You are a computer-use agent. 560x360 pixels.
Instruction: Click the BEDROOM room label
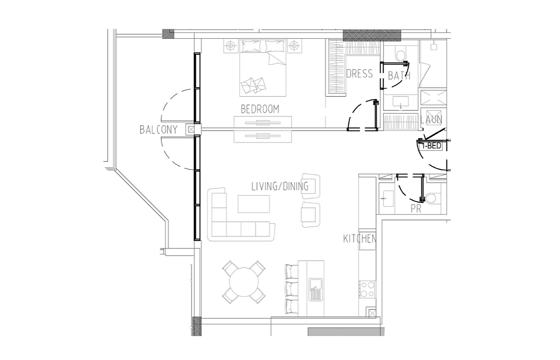pyautogui.click(x=260, y=109)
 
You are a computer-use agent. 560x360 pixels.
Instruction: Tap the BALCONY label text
pyautogui.click(x=158, y=129)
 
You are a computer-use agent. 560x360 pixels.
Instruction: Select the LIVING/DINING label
pyautogui.click(x=280, y=186)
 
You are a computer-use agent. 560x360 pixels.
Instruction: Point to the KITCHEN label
pyautogui.click(x=360, y=239)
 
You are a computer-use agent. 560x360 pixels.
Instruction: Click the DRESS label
pyautogui.click(x=360, y=74)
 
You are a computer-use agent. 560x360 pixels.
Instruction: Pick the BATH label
pyautogui.click(x=399, y=76)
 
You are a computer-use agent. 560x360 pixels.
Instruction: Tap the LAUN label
pyautogui.click(x=431, y=120)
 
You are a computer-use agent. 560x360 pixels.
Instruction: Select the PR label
pyautogui.click(x=416, y=208)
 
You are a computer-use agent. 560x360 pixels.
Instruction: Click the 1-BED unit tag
pyautogui.click(x=431, y=146)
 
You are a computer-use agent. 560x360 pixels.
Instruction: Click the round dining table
pyautogui.click(x=244, y=282)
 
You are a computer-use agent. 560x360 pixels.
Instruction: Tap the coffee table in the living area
pyautogui.click(x=254, y=204)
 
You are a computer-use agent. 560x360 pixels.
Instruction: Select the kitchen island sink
pyautogui.click(x=316, y=289)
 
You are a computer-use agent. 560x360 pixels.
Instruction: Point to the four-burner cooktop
pyautogui.click(x=367, y=289)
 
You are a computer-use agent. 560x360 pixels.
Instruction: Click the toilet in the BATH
pyautogui.click(x=401, y=55)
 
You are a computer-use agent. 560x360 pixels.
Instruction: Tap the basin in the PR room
pyautogui.click(x=386, y=198)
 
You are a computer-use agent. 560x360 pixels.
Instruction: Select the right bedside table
pyautogui.click(x=293, y=46)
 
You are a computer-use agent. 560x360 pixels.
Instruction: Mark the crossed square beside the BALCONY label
pyautogui.click(x=191, y=129)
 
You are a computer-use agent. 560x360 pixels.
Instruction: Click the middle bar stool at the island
pyautogui.click(x=292, y=288)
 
